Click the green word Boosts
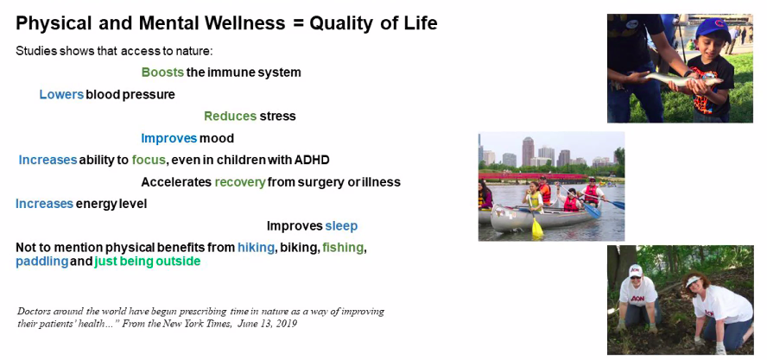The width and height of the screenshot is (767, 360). [x=163, y=73]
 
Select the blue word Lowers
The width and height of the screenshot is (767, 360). [x=61, y=94]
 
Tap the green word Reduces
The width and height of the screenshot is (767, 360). [x=231, y=117]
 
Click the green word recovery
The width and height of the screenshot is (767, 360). [x=240, y=182]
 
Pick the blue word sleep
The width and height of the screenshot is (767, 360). [x=341, y=226]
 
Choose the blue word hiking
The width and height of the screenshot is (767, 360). [x=256, y=248]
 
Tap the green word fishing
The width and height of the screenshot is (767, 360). [x=344, y=248]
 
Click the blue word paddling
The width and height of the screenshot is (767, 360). [x=42, y=262]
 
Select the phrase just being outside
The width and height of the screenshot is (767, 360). [x=148, y=262]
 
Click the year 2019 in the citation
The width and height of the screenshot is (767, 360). [x=287, y=324]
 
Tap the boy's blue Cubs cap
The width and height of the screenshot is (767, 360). [x=715, y=28]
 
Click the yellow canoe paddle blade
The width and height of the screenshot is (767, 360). [x=537, y=228]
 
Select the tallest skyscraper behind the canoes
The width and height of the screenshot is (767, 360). [x=528, y=152]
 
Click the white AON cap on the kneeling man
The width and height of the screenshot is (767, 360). [x=636, y=270]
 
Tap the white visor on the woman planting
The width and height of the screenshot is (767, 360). [x=694, y=281]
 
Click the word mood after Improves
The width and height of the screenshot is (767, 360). [x=217, y=138]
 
